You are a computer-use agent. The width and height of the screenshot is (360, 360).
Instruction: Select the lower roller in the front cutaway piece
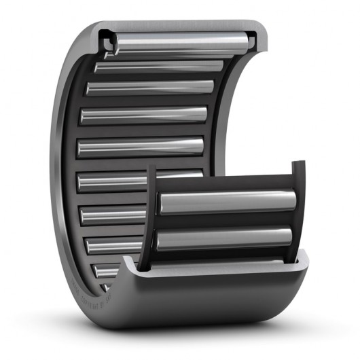pos(224,238)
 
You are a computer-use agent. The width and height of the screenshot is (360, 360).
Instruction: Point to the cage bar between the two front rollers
pos(224,221)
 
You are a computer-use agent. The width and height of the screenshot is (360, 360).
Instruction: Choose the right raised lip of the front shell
pos(301,257)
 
